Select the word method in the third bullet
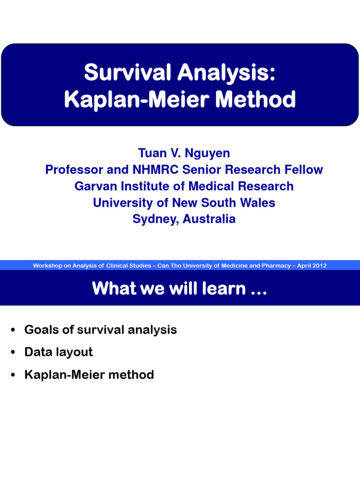click(134, 375)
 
